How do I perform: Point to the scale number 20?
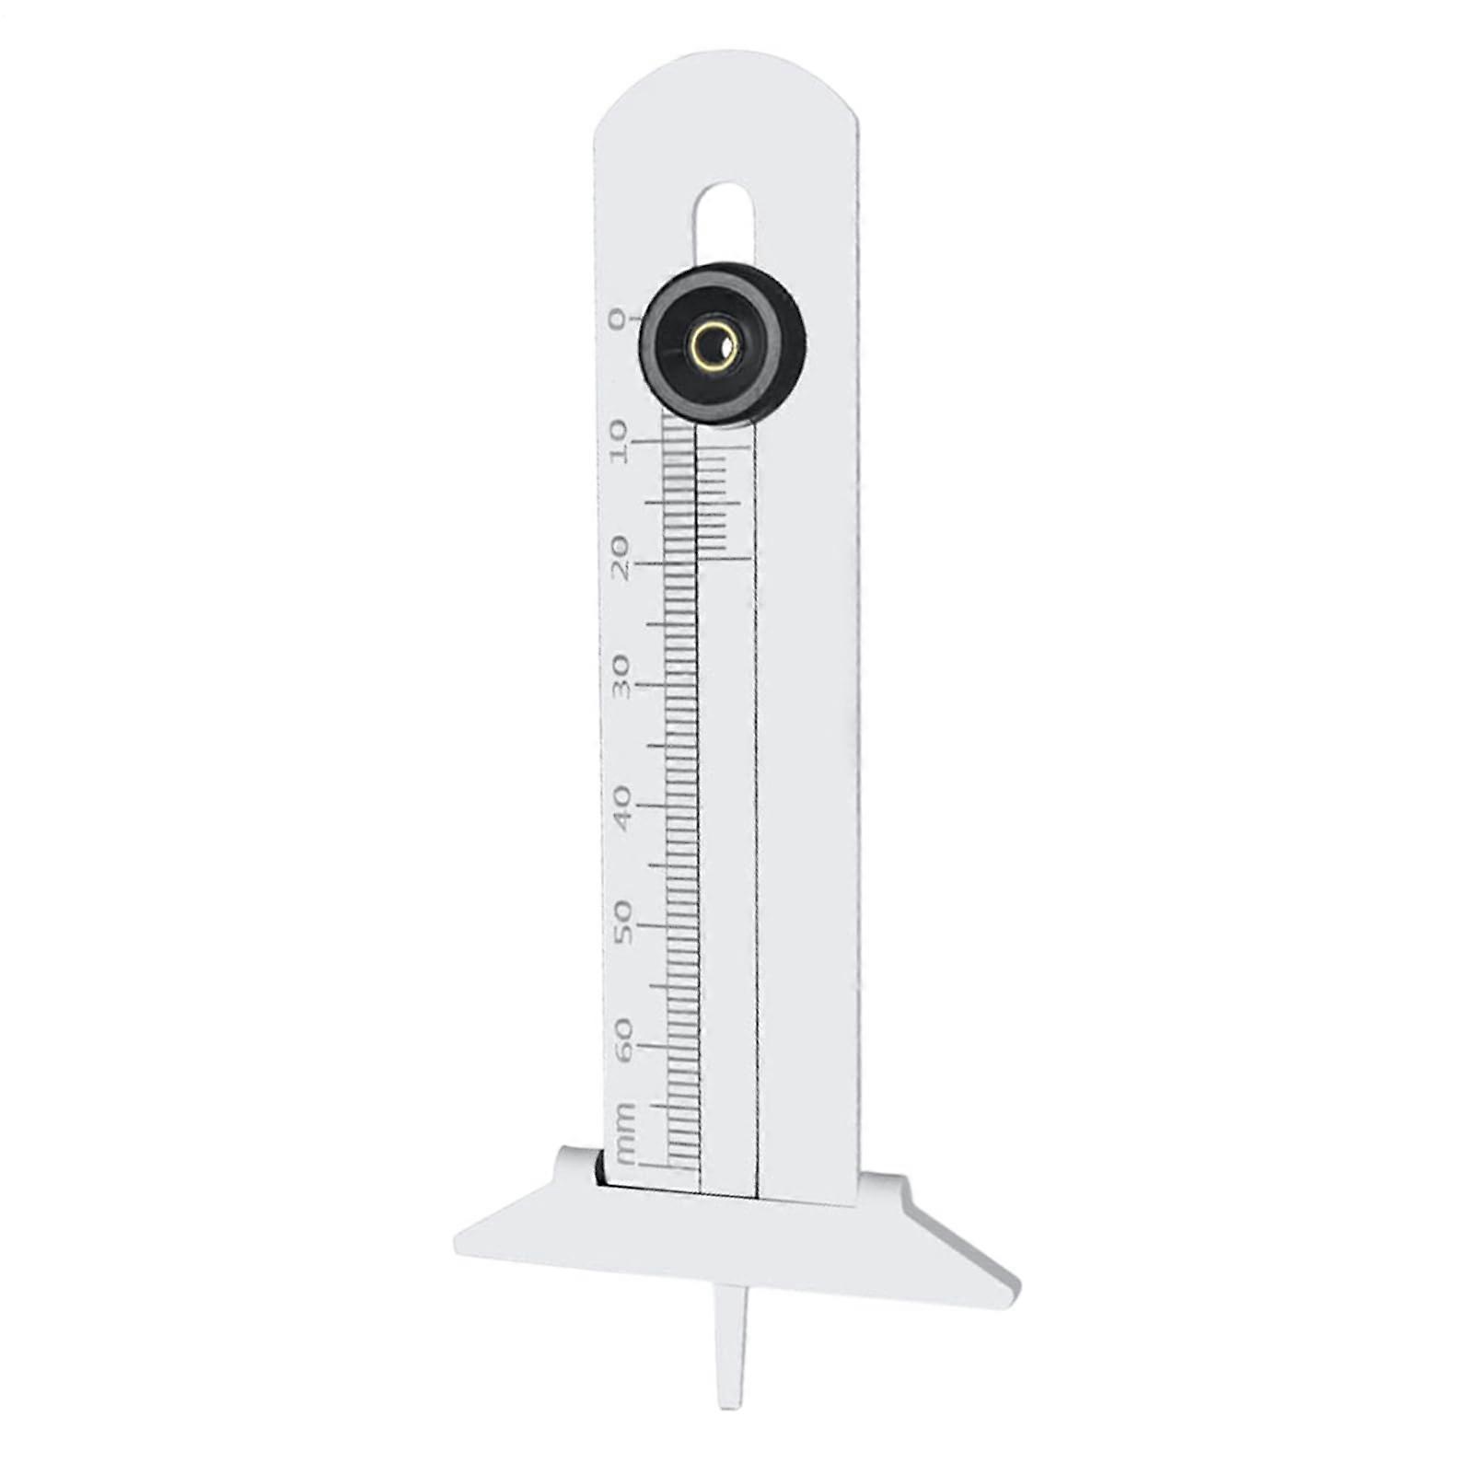coord(620,559)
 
